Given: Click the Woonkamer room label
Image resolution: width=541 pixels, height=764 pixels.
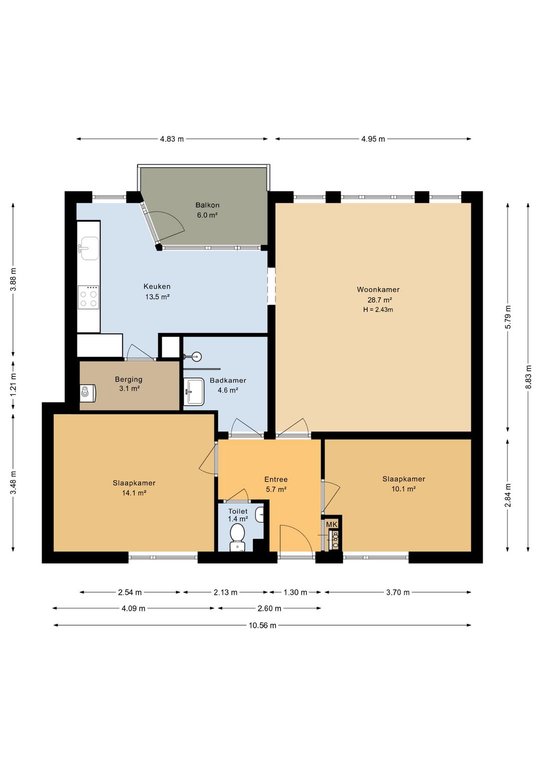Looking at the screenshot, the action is (378, 289).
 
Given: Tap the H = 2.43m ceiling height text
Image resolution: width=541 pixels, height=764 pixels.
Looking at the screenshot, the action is (378, 310).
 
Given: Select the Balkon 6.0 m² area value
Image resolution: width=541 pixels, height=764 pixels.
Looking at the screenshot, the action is (207, 215).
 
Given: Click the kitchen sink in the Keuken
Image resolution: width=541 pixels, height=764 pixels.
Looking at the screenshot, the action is (88, 248).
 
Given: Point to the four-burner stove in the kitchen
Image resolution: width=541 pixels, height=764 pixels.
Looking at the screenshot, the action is (88, 297).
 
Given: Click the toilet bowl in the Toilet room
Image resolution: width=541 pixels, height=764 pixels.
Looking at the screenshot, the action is (237, 538).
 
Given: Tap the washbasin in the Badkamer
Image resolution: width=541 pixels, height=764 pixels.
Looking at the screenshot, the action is (194, 391).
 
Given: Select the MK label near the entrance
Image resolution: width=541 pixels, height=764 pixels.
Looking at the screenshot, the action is (332, 524).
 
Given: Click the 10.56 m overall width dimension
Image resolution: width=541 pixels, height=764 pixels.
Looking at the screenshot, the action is (262, 625).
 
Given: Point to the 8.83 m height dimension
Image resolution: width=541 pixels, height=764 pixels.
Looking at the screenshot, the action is (528, 377).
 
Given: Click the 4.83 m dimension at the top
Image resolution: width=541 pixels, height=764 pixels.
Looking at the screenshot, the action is (172, 139).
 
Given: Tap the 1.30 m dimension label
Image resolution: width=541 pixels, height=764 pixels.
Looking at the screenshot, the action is (295, 592).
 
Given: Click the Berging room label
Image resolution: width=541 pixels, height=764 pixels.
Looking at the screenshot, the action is (129, 379).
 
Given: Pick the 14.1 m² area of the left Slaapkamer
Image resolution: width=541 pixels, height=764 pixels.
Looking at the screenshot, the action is (134, 493).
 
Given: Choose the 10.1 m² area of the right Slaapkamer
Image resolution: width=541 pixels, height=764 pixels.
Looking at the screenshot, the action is (403, 489).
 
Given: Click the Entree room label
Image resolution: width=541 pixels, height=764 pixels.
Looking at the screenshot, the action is (276, 479).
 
